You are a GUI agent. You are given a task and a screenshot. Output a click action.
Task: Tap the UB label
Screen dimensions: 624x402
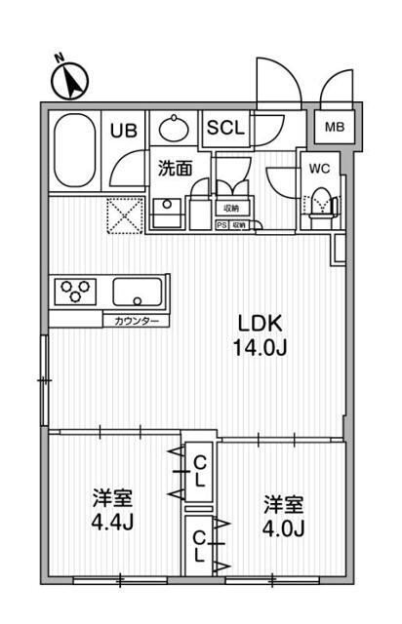123,130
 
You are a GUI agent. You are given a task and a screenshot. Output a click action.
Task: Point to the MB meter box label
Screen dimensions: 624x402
334,127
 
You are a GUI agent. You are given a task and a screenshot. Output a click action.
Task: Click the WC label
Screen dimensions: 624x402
319,168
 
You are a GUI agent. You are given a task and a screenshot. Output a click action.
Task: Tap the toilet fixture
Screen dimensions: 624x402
321,204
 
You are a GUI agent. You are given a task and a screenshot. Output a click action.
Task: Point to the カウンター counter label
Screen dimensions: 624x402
135,321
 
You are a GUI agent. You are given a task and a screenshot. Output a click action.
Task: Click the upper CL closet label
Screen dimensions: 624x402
198,471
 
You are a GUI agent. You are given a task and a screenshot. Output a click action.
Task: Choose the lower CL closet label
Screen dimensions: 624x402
198,545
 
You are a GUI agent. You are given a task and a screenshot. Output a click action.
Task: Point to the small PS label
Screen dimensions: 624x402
221,225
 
